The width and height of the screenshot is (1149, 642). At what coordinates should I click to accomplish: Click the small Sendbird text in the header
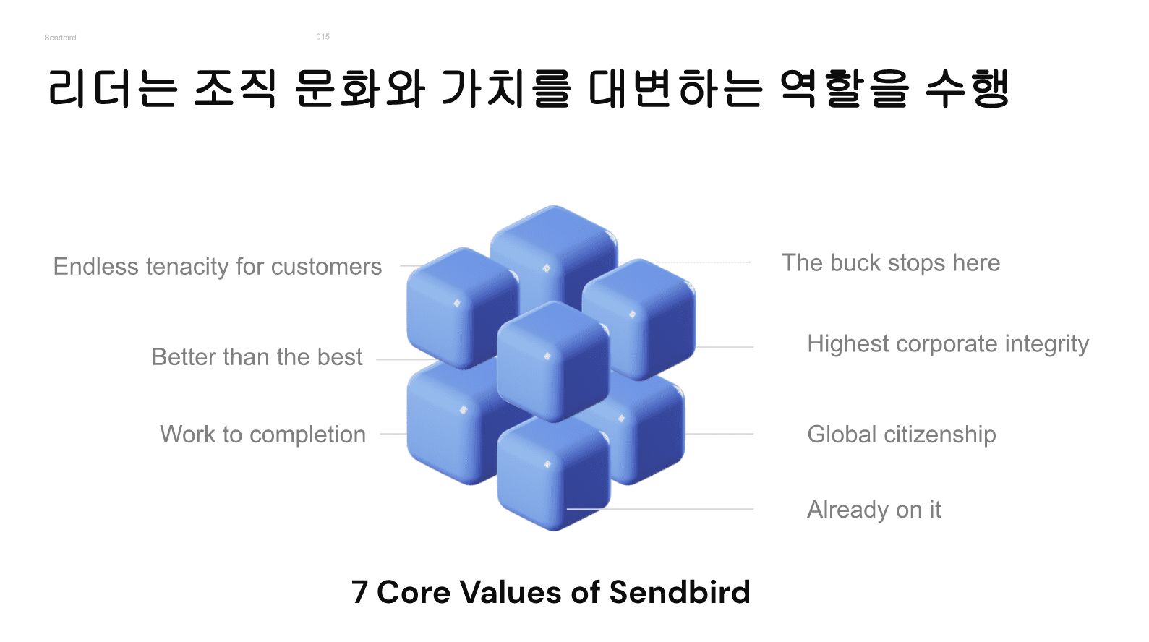(60, 38)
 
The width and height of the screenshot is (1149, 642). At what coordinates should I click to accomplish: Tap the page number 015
(323, 36)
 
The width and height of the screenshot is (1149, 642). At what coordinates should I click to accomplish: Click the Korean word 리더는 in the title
(113, 89)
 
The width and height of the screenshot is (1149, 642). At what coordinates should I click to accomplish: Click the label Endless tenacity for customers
(218, 267)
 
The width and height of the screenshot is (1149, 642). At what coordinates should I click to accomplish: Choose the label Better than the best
(257, 357)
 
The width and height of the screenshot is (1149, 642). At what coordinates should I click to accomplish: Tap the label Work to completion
(262, 435)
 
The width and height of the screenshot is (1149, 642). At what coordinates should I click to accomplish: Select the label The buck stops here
(891, 263)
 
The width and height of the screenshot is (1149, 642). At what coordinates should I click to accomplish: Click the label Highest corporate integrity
(948, 344)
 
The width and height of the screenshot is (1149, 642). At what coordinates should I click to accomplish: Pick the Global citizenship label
(902, 435)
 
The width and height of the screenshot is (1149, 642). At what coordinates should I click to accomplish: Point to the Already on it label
(874, 510)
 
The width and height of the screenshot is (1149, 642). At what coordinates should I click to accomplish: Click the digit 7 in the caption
(359, 592)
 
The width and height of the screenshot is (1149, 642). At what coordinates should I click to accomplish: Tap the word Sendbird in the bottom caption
(680, 591)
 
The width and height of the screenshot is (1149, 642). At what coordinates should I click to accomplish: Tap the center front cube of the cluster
(554, 361)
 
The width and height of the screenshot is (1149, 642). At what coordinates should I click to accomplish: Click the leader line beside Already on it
(660, 509)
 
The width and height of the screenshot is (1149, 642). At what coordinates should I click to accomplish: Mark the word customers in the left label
(326, 267)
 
